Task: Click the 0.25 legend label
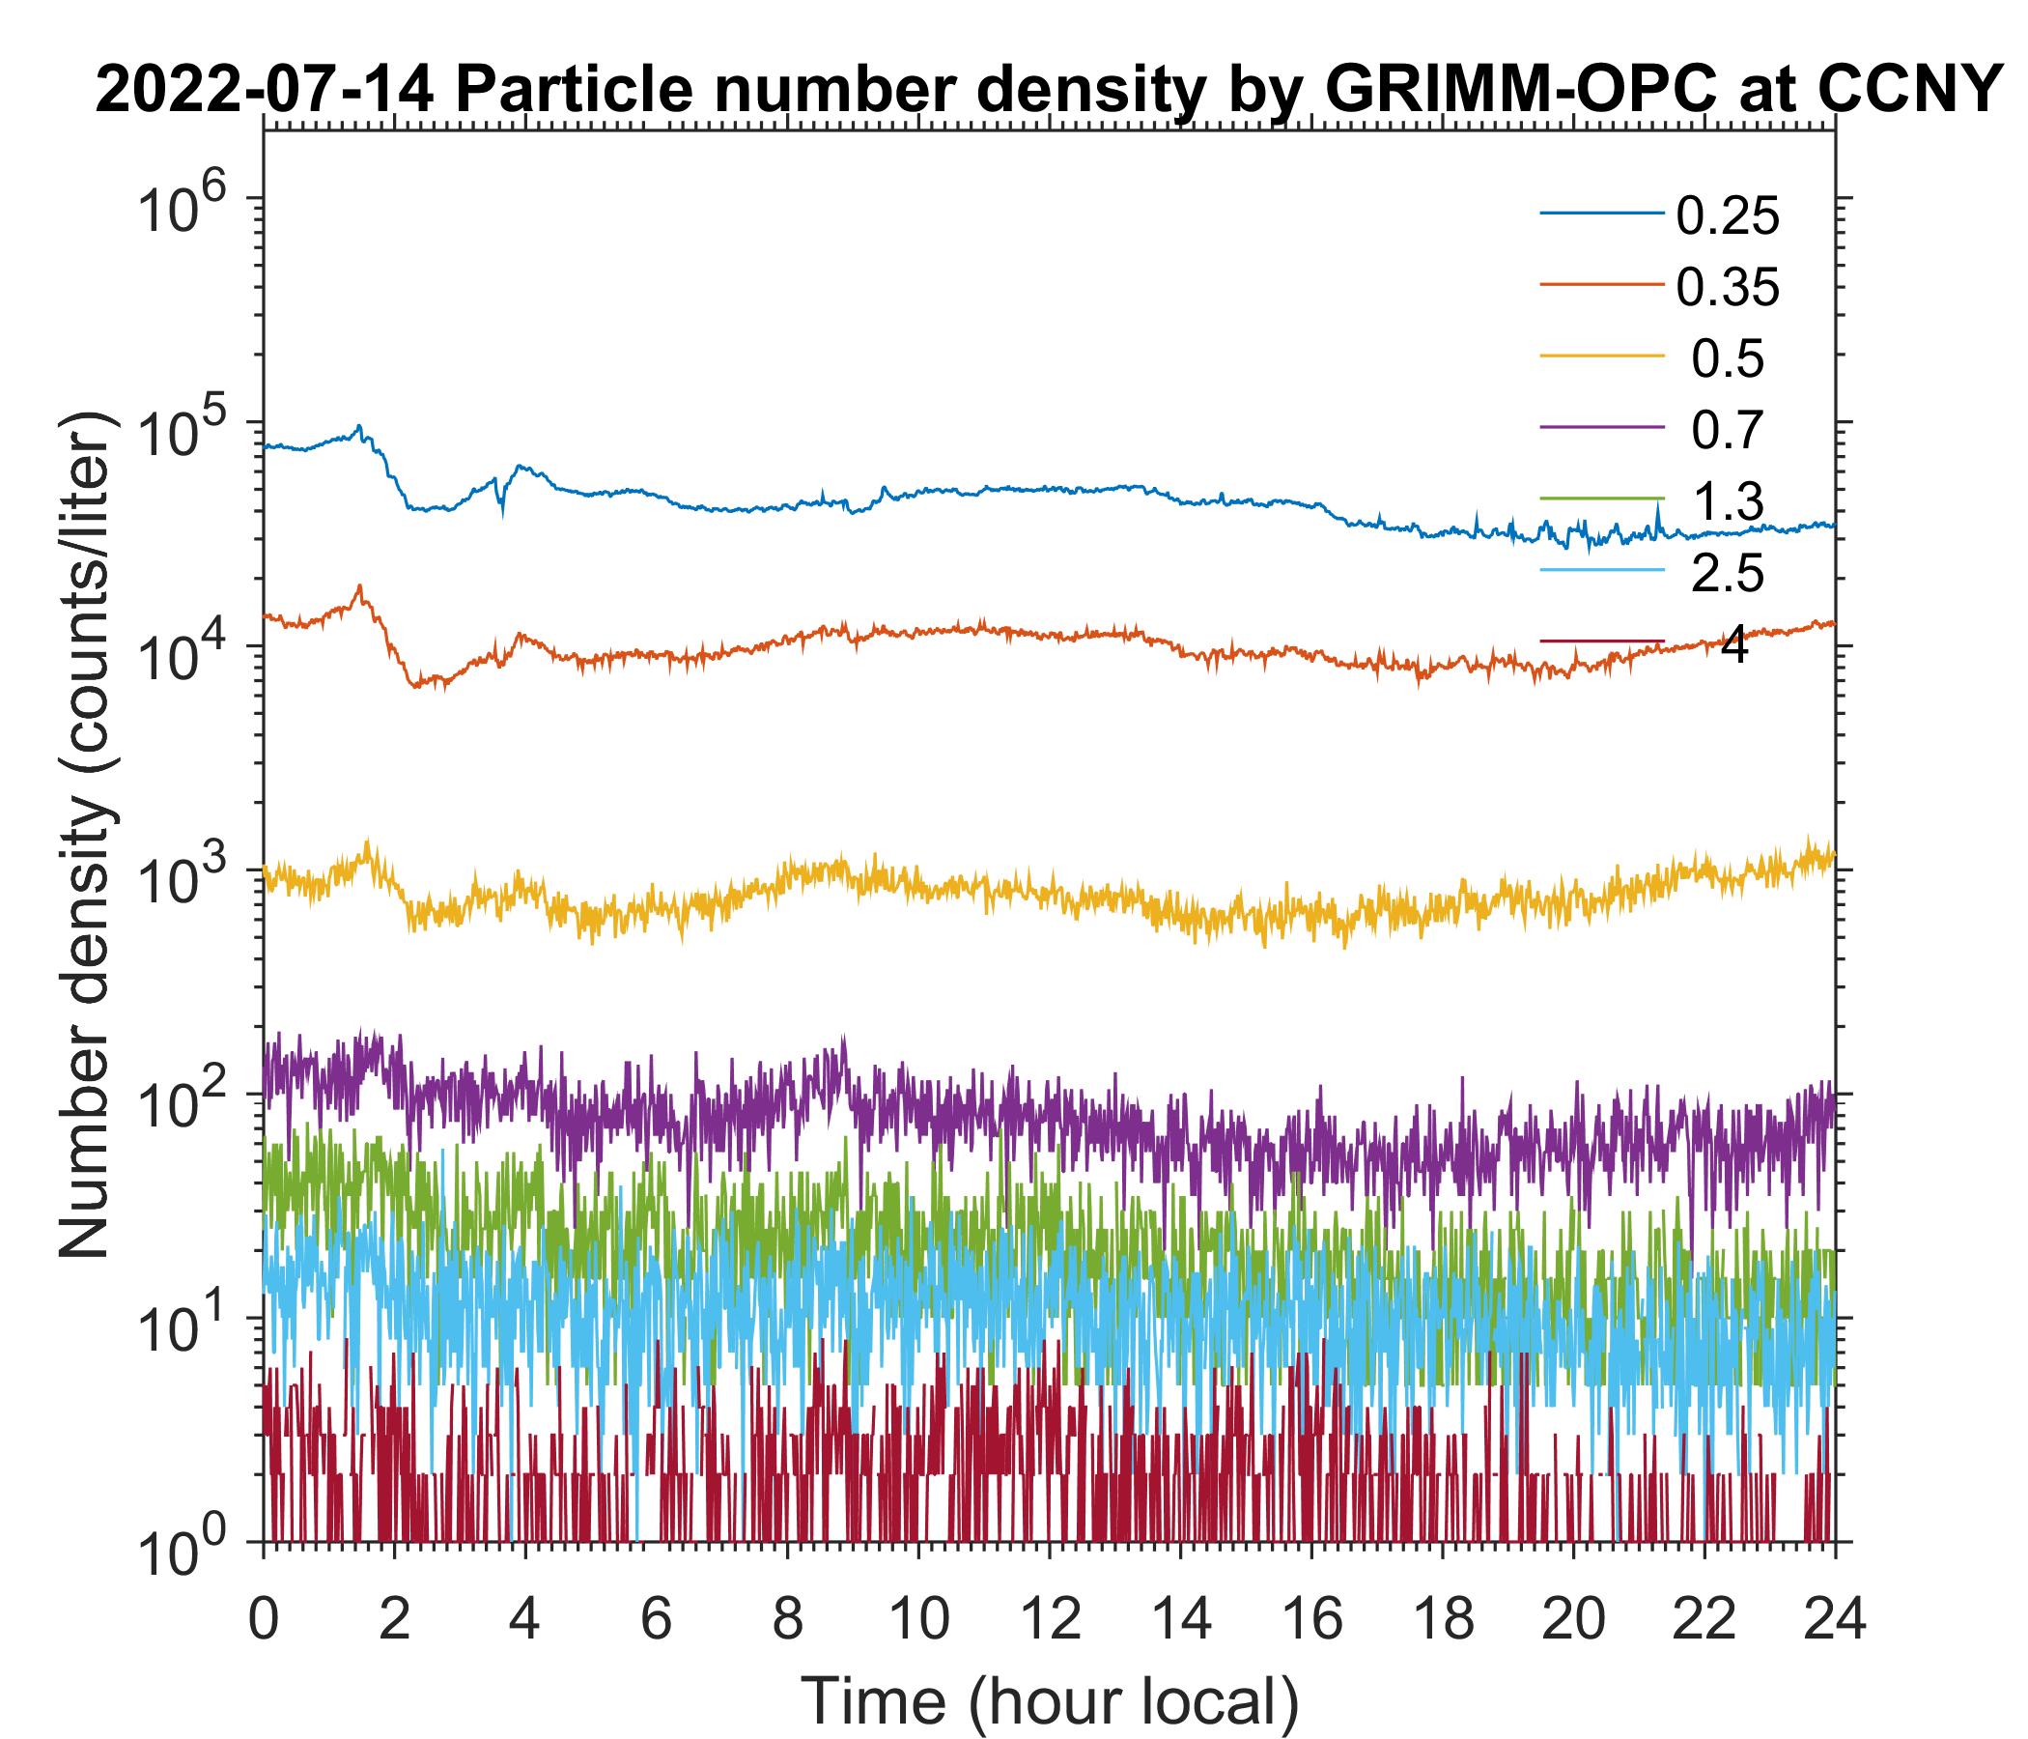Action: (x=1728, y=216)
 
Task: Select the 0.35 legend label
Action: (x=1728, y=288)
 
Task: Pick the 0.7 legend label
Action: (x=1728, y=431)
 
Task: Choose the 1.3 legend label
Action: (x=1728, y=502)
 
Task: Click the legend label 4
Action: (x=1733, y=646)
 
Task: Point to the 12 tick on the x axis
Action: (x=1049, y=1618)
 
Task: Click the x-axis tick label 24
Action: (x=1834, y=1618)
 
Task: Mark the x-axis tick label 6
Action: (x=656, y=1618)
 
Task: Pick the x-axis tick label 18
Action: (x=1443, y=1618)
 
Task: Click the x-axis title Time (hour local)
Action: (x=1049, y=1700)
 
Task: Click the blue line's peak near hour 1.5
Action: (x=359, y=427)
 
